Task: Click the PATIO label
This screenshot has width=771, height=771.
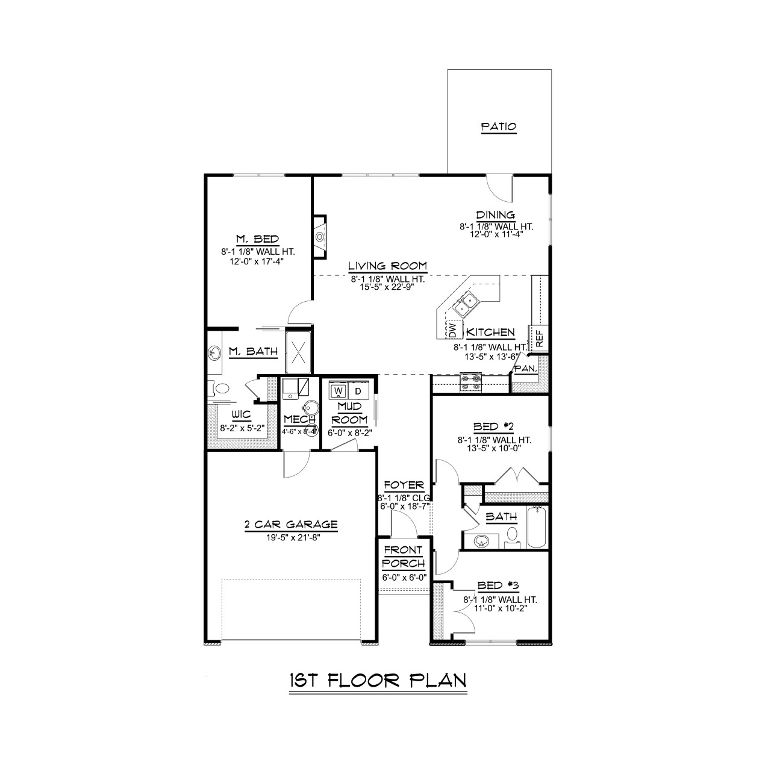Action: coord(498,127)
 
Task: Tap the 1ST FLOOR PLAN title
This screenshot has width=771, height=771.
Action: coord(378,680)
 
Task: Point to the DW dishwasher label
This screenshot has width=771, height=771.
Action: coord(452,329)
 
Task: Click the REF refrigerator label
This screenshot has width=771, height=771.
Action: coord(539,338)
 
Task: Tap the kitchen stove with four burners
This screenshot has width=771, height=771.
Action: coord(470,381)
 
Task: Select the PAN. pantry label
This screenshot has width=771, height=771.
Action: coord(525,369)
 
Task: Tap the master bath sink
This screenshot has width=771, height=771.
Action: coord(214,352)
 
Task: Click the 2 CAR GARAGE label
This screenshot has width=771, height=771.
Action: coord(291,525)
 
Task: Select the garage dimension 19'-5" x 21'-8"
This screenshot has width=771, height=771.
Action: coord(291,537)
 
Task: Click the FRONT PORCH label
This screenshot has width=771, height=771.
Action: coord(404,557)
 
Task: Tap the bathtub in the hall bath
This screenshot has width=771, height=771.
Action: coord(537,528)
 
